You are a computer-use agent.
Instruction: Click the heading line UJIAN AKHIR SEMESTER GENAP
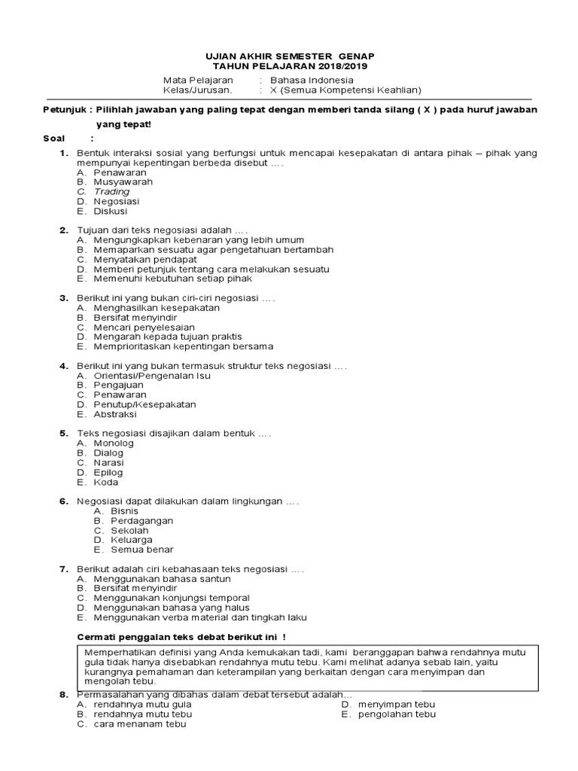pyautogui.click(x=290, y=56)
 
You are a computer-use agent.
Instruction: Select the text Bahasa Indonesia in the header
pyautogui.click(x=313, y=80)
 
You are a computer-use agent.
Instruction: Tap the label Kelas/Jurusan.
pyautogui.click(x=198, y=90)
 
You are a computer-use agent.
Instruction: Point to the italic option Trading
pyautogui.click(x=111, y=192)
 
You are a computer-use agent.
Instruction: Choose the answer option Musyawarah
pyautogui.click(x=123, y=182)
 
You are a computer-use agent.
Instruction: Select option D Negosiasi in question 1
pyautogui.click(x=116, y=202)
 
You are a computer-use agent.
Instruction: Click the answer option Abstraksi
pyautogui.click(x=115, y=414)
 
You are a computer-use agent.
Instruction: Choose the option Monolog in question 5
pyautogui.click(x=114, y=443)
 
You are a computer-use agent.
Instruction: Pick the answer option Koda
pyautogui.click(x=106, y=482)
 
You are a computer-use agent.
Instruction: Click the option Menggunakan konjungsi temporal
pyautogui.click(x=172, y=598)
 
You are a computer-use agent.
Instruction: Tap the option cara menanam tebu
pyautogui.click(x=139, y=724)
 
